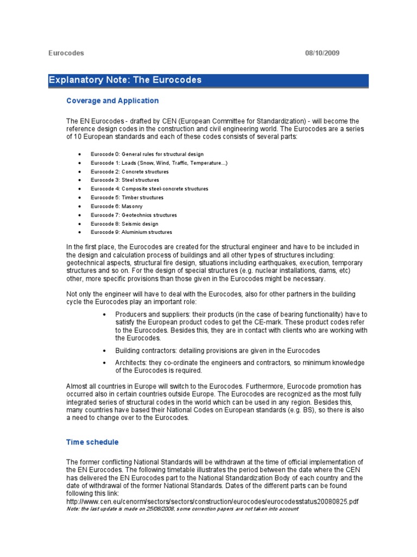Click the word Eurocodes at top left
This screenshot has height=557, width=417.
(x=66, y=53)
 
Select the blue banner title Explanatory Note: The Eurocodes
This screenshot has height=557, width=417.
(x=125, y=80)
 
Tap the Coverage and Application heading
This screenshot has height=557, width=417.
(x=112, y=101)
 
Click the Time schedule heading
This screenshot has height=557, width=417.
(x=92, y=442)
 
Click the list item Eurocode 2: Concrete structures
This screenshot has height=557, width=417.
(x=130, y=171)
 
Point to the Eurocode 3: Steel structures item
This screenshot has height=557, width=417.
(x=125, y=180)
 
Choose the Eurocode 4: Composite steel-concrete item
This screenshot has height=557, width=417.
(x=149, y=189)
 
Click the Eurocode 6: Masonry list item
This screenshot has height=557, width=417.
(x=117, y=206)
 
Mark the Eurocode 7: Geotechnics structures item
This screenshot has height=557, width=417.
(x=134, y=215)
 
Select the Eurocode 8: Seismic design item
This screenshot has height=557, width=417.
(x=124, y=224)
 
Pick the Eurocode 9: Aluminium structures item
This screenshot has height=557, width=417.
(x=131, y=232)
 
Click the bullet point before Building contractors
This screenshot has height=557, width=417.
(x=104, y=351)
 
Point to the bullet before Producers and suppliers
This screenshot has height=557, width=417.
(x=104, y=315)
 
